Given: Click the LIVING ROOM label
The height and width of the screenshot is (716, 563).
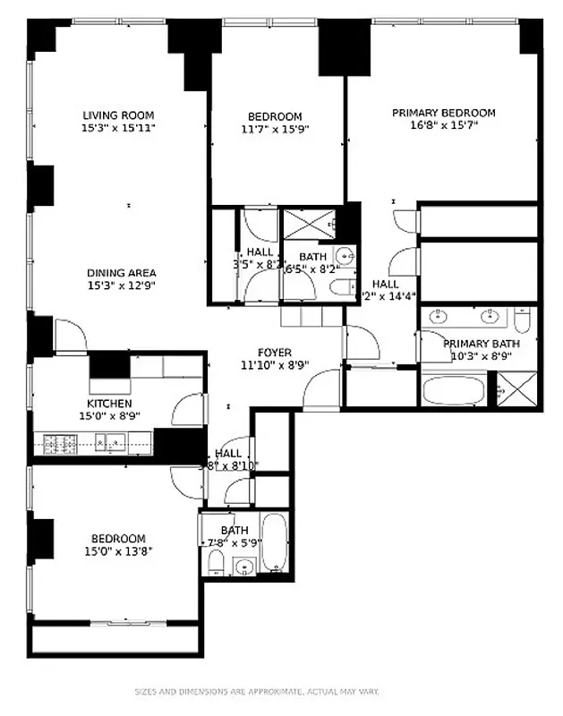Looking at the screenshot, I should tap(118, 115).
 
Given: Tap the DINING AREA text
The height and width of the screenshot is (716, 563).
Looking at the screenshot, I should tap(121, 273).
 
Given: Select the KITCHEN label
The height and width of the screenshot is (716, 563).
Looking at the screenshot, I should tap(109, 403).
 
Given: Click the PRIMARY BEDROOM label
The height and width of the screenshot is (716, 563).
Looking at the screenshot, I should tap(443, 113).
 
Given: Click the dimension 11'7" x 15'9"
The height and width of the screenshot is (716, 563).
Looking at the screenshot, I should tap(274, 129).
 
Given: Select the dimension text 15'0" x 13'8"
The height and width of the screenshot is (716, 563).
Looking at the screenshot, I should tap(118, 551).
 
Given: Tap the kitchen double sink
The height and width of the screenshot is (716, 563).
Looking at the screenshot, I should tap(112, 441).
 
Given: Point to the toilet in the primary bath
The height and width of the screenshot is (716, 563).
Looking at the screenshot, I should tap(524, 320).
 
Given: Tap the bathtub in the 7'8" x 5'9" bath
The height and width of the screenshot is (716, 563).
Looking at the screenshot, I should tap(274, 543).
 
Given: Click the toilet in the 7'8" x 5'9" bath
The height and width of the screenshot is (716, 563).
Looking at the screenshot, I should tap(215, 563).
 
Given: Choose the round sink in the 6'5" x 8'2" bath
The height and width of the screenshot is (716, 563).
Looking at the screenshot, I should tap(345, 253).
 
